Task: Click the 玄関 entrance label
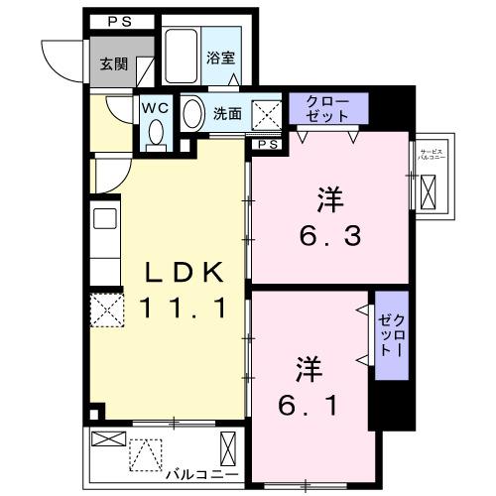(x=114, y=64)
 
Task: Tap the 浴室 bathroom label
(x=220, y=58)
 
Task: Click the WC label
(x=156, y=105)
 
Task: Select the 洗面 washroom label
(x=227, y=113)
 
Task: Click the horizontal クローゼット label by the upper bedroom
(x=326, y=108)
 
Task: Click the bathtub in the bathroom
(x=182, y=58)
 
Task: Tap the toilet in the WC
(x=155, y=133)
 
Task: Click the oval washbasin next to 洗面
(x=193, y=113)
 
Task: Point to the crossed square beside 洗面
(x=266, y=113)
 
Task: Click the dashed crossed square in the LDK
(x=106, y=312)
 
